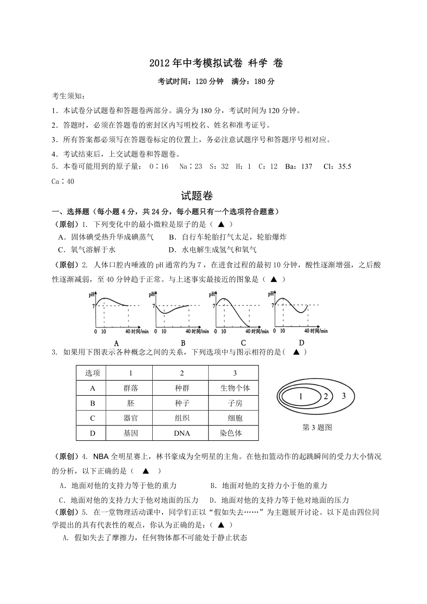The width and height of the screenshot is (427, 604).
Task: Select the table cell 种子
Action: tap(181, 403)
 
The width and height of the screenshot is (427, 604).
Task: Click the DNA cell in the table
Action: tap(182, 433)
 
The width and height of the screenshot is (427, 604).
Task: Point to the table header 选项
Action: tap(92, 373)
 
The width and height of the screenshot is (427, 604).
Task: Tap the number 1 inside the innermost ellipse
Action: tap(300, 397)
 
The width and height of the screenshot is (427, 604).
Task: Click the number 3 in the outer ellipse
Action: tap(343, 396)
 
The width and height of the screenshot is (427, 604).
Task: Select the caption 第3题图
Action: tap(317, 428)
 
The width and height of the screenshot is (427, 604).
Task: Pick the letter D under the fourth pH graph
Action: tap(301, 343)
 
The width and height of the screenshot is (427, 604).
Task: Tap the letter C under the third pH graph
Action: tap(242, 343)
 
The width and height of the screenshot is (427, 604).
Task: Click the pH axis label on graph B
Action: tap(152, 295)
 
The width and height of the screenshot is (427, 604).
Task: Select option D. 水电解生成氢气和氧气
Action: tap(212, 250)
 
